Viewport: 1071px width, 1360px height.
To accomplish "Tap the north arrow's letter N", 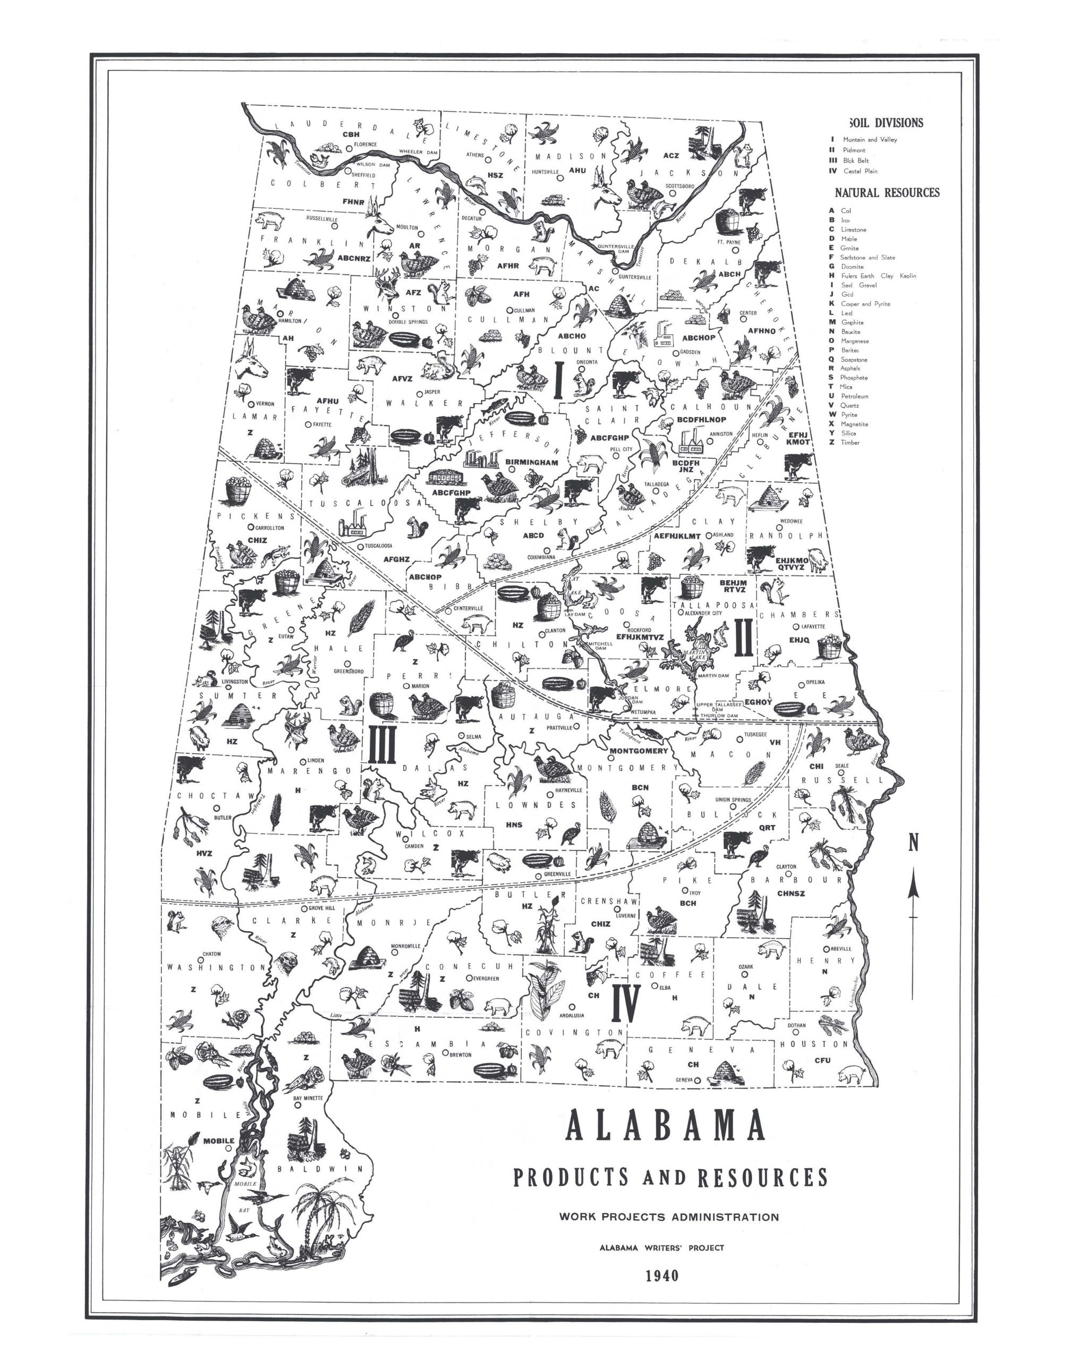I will (914, 845).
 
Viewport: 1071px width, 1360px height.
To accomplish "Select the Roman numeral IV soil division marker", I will (625, 1003).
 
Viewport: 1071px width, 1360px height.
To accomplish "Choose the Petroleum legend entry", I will (854, 396).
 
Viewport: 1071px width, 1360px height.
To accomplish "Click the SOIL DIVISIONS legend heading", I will (886, 123).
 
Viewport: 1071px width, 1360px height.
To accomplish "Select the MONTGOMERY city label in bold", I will (639, 751).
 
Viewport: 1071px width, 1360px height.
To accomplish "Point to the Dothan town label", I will (796, 1026).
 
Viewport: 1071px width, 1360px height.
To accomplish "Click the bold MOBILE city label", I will (218, 1141).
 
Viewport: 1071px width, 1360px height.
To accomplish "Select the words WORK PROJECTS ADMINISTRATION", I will (668, 1217).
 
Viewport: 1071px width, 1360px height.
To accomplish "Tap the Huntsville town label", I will (545, 172).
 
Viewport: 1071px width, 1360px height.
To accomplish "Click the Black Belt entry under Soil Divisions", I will (856, 160).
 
